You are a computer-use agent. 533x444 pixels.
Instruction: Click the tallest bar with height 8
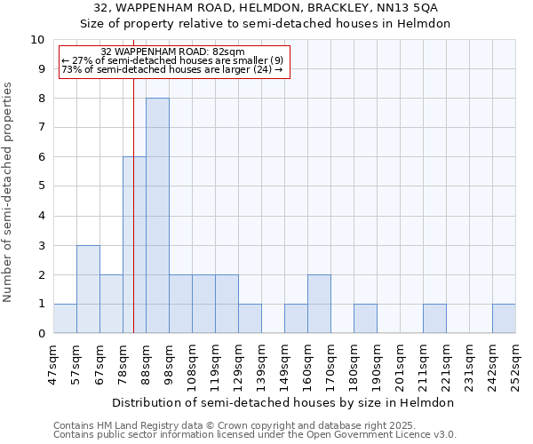(x=157, y=216)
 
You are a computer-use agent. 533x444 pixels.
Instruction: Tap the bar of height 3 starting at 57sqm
(x=88, y=289)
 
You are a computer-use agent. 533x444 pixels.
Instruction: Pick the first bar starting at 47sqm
(x=65, y=319)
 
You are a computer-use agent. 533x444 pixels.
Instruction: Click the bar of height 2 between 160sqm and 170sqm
(x=319, y=304)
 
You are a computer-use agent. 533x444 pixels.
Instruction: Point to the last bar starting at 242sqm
(x=504, y=319)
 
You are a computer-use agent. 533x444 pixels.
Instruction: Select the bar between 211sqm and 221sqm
(x=434, y=319)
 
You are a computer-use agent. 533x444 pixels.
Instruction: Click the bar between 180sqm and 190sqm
(x=365, y=319)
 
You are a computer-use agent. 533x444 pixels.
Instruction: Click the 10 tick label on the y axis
(x=37, y=40)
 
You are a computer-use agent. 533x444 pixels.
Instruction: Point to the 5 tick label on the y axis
(x=40, y=186)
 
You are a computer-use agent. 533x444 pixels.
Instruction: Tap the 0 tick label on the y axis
(x=40, y=334)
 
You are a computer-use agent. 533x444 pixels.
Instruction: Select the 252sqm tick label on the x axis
(x=515, y=364)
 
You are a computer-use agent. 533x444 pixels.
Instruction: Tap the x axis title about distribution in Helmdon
(x=283, y=402)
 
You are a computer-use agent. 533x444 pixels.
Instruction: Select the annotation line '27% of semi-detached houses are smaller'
(x=172, y=60)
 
